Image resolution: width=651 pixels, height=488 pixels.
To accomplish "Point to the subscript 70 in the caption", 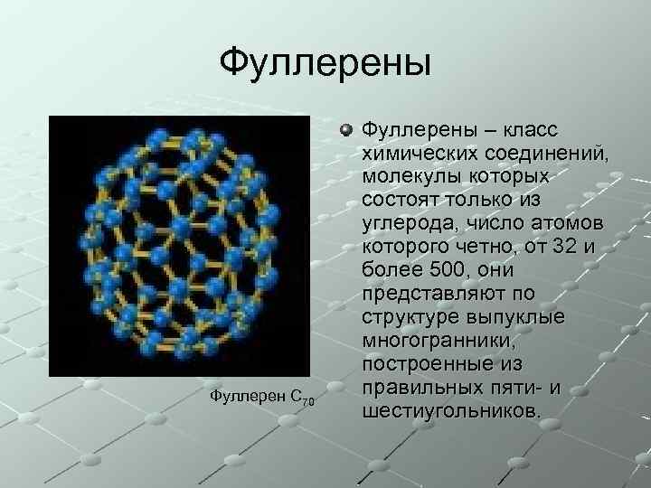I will (308, 402).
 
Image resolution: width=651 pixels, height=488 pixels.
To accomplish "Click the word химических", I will (418, 155).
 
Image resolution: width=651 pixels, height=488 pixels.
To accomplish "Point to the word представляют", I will (433, 294).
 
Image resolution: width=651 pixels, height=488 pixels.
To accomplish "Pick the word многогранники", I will (433, 341).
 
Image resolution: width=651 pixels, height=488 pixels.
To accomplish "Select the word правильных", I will (417, 388).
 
